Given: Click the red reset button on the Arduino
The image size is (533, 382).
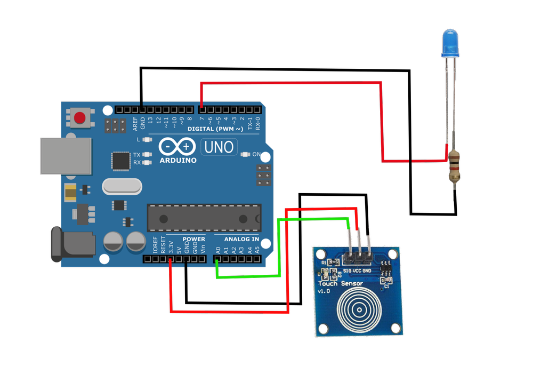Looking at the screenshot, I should pyautogui.click(x=80, y=117).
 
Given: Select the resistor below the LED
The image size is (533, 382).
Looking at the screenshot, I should pyautogui.click(x=455, y=166).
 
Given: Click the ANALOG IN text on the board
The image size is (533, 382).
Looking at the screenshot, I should pyautogui.click(x=241, y=240).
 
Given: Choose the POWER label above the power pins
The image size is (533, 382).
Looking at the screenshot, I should pyautogui.click(x=193, y=240).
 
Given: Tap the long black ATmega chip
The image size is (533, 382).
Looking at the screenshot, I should pyautogui.click(x=204, y=218).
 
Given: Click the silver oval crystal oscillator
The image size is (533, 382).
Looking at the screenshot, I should pyautogui.click(x=122, y=186).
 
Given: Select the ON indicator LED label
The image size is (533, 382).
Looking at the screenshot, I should pyautogui.click(x=256, y=154).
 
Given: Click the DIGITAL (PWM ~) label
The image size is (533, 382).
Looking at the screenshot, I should pyautogui.click(x=215, y=129).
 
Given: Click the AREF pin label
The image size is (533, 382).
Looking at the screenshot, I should pyautogui.click(x=135, y=124).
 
